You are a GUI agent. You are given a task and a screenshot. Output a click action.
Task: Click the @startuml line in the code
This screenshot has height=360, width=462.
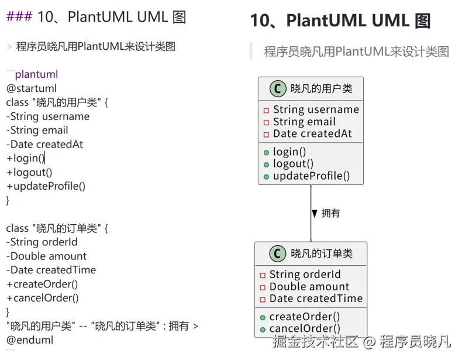click(x=32, y=88)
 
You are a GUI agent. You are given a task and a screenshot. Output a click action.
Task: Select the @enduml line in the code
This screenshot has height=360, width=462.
click(x=30, y=340)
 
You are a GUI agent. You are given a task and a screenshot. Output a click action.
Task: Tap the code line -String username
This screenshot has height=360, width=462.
click(x=48, y=116)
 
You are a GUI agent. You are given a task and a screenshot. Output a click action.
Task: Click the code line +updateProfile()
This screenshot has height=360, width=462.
click(x=46, y=187)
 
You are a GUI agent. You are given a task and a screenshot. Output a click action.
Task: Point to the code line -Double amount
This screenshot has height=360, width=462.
click(x=46, y=256)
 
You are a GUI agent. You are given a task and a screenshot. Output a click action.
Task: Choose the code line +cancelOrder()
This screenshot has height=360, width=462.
click(x=42, y=298)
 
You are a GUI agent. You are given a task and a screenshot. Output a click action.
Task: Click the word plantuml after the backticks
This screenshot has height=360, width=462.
click(x=36, y=74)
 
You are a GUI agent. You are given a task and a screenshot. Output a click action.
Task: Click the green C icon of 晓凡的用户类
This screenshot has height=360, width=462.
click(x=278, y=89)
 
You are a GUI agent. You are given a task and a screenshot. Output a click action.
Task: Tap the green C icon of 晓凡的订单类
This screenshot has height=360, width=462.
click(x=277, y=253)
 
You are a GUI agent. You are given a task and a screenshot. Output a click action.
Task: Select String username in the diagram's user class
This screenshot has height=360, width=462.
click(x=316, y=109)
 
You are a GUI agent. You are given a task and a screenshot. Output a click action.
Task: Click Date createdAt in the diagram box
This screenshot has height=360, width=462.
click(x=312, y=133)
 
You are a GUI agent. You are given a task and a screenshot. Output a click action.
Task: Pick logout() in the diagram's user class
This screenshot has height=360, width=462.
click(x=293, y=164)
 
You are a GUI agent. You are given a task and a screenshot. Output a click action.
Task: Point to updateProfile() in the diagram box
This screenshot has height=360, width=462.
click(x=311, y=176)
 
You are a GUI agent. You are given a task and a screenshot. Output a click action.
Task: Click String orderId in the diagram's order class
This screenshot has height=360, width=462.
click(x=305, y=275)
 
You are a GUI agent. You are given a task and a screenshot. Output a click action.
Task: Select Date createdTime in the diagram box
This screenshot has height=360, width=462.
click(x=316, y=299)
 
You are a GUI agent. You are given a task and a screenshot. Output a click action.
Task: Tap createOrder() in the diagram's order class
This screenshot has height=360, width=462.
click(x=305, y=317)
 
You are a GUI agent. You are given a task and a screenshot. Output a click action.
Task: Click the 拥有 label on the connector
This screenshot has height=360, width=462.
click(x=330, y=214)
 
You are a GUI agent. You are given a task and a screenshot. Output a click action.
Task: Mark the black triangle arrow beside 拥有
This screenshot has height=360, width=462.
click(x=315, y=214)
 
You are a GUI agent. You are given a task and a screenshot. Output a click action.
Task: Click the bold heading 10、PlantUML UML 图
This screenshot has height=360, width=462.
click(x=340, y=21)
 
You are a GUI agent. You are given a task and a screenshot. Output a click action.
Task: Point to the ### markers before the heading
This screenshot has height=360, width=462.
click(x=19, y=16)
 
